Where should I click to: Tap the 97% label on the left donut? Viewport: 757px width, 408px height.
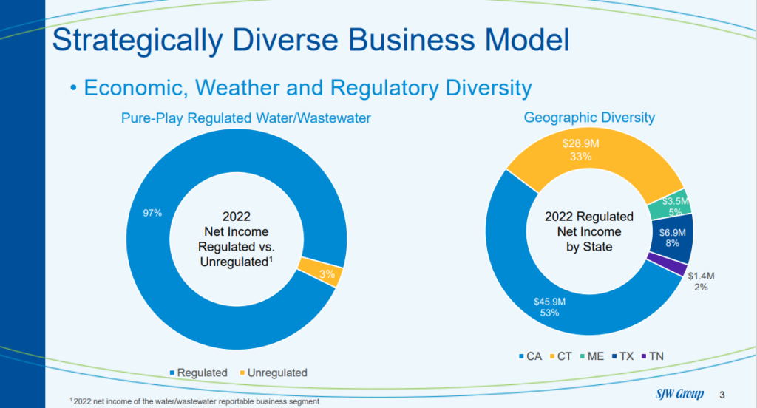[x=152, y=213]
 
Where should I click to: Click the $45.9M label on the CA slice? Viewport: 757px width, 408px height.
[x=549, y=302]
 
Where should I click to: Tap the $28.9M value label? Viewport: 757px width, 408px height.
[x=581, y=143]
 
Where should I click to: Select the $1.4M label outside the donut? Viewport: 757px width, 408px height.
[x=701, y=276]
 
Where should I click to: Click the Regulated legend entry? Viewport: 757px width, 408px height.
[x=198, y=373]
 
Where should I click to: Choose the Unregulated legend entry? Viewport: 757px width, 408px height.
[x=274, y=373]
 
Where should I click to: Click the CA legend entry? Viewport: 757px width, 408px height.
[x=530, y=356]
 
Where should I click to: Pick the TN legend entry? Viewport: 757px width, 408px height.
[x=652, y=356]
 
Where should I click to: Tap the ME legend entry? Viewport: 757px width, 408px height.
[x=592, y=356]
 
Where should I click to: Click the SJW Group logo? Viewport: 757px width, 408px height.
[x=680, y=394]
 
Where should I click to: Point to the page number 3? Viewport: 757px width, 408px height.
[x=722, y=395]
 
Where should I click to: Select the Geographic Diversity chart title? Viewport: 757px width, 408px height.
[x=589, y=118]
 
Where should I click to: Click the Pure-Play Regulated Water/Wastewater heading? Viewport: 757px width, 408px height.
[x=245, y=118]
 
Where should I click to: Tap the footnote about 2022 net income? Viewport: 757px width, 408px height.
[x=194, y=401]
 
